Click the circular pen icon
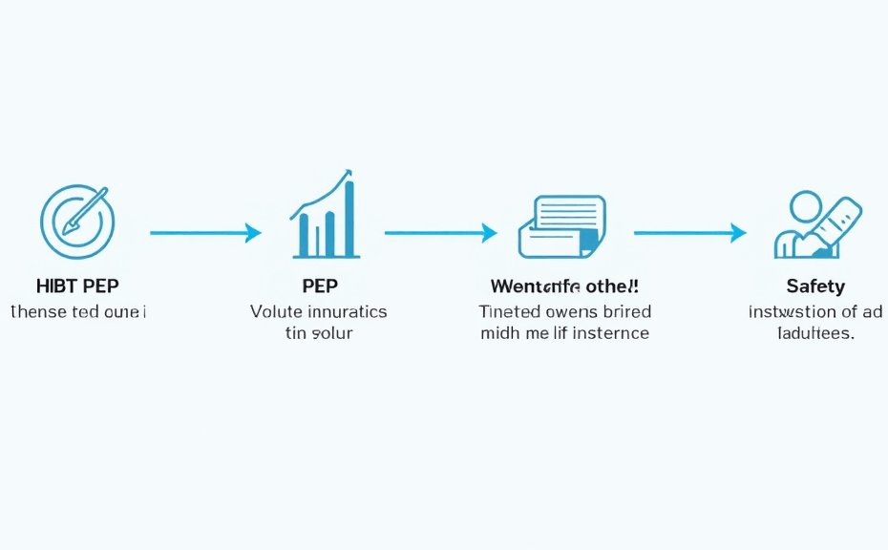coord(76,222)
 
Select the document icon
coord(562,226)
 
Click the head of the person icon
coord(806,207)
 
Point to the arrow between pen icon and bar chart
coord(204,232)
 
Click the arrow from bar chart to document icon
coord(440,232)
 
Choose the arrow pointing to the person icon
coord(689,232)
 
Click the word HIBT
coord(56,286)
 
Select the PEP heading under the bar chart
coord(319,286)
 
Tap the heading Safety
coord(815,286)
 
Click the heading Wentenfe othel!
coord(564,286)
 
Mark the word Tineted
coord(509,311)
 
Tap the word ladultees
coord(814,333)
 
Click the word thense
coord(38,311)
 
